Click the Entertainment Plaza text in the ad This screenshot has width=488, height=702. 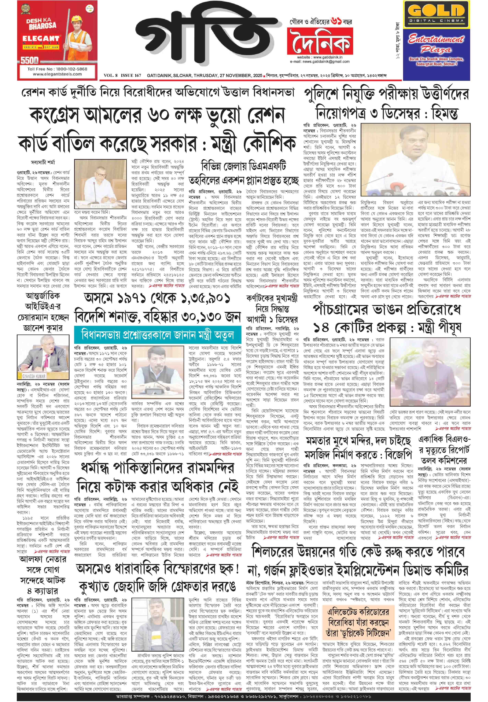coord(436,44)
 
